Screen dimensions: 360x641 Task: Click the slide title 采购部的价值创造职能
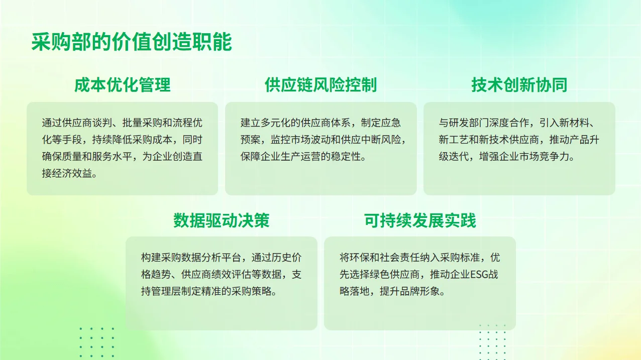pyautogui.click(x=132, y=42)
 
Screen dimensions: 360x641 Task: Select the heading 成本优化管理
pyautogui.click(x=123, y=85)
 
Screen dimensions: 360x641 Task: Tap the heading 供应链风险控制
pyautogui.click(x=320, y=85)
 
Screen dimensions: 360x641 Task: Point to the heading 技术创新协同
pyautogui.click(x=519, y=85)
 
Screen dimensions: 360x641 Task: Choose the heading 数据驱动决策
pyautogui.click(x=222, y=220)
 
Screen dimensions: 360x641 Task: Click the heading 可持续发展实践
pyautogui.click(x=420, y=220)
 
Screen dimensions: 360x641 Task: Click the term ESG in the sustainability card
pyautogui.click(x=479, y=275)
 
